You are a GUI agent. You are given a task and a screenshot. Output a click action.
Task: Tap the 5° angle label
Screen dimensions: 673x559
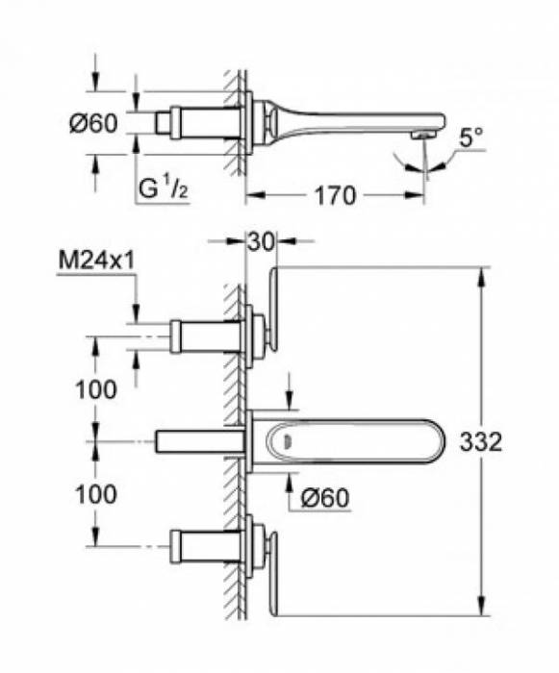[470, 138]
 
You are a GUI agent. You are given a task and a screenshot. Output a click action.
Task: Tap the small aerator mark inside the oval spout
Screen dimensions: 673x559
[286, 441]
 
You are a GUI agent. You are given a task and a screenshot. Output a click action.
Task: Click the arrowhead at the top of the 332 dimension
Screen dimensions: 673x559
[480, 273]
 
